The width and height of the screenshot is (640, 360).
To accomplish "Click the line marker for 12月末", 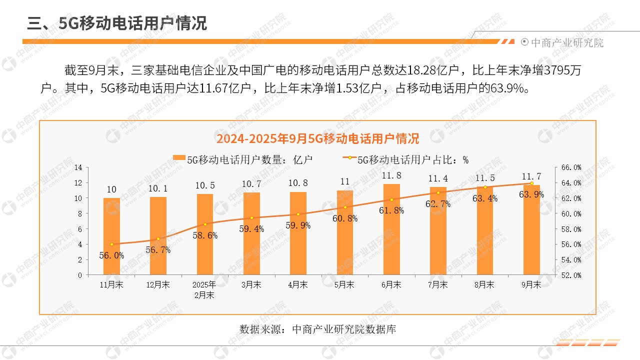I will pos(158,239).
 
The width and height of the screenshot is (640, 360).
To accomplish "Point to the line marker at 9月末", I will pos(531,183).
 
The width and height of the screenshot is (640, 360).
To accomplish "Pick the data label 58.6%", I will pos(205,235).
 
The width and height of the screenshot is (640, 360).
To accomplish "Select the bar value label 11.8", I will pos(391,175).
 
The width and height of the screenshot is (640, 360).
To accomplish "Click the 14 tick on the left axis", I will pos(78,167).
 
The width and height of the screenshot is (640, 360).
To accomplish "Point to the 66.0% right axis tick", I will pos(571,167).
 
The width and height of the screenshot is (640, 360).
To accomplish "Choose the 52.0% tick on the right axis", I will pos(571,275).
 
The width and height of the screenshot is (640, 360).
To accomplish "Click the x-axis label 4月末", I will pos(298,285).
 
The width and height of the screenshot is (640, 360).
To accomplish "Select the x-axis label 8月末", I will pos(484,285).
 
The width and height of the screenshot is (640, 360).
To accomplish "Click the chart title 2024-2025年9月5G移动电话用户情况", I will pos(317,138).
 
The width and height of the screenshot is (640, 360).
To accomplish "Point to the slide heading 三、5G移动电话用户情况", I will pos(117,23).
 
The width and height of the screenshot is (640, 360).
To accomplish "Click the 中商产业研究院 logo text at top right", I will pos(566,43).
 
